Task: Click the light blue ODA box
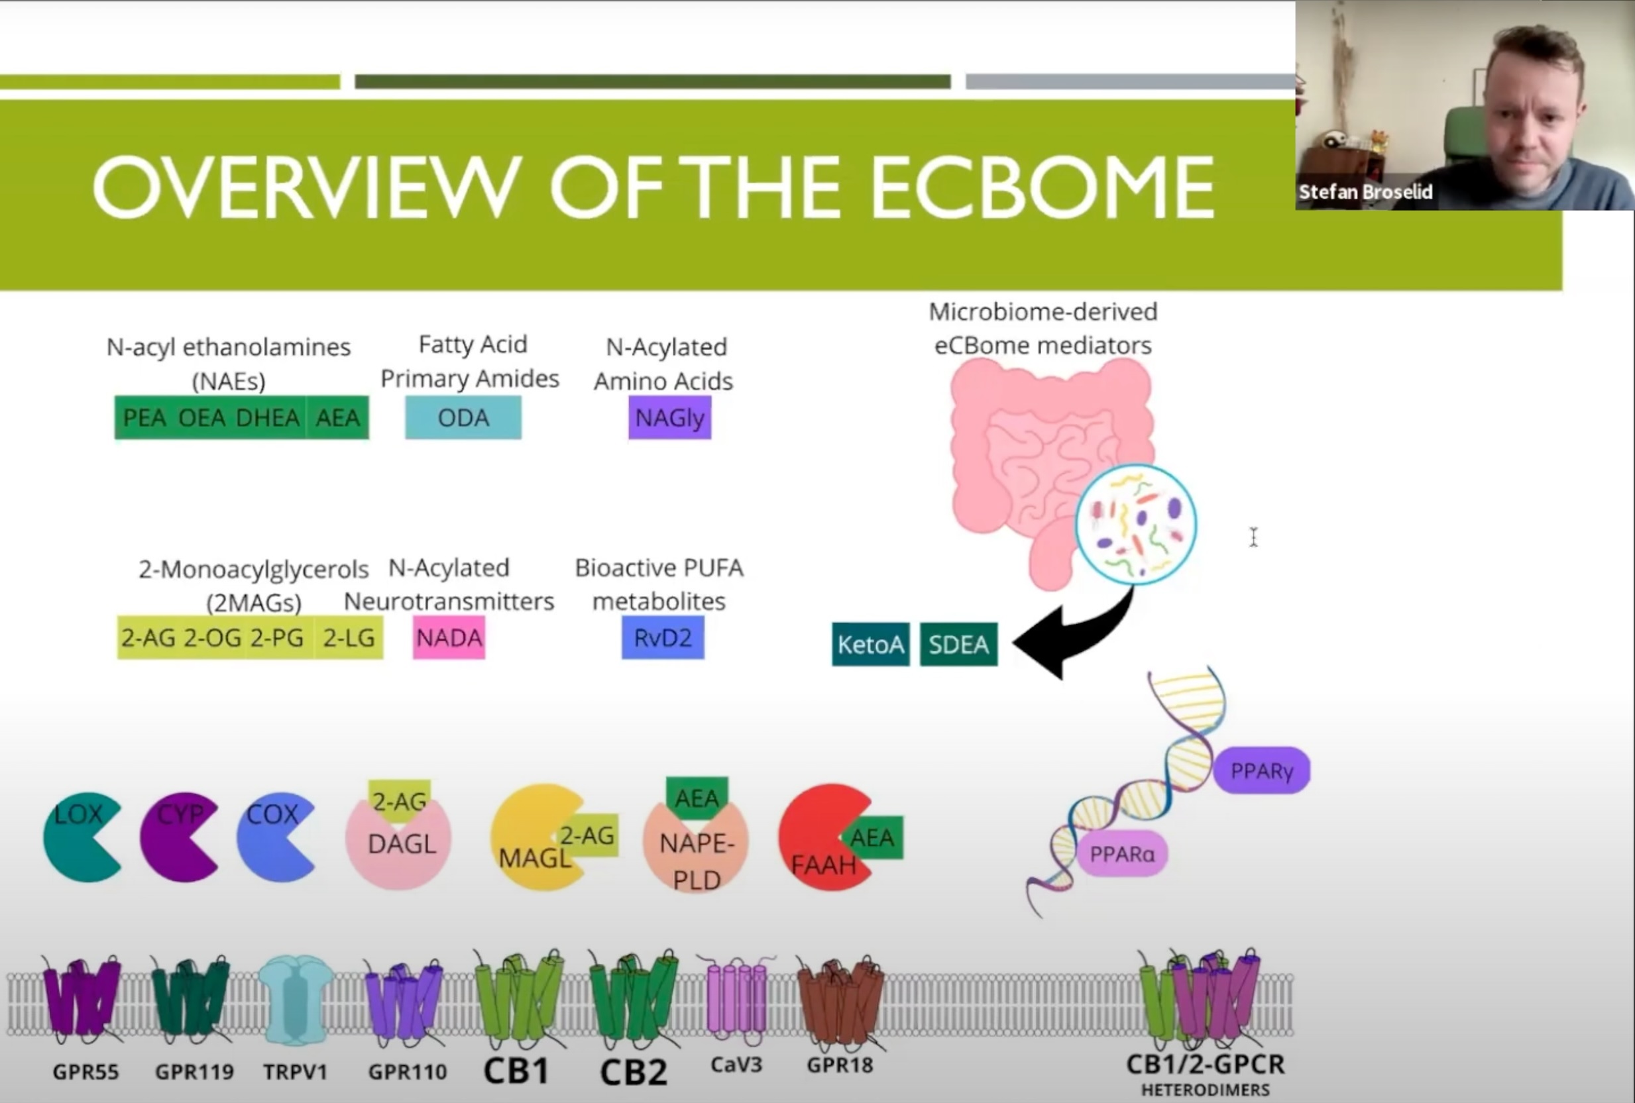463,417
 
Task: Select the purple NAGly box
670,417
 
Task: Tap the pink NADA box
449,637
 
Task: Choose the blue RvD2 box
663,637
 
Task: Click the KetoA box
870,644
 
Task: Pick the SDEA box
958,644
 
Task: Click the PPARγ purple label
1261,771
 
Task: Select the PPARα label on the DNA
1121,854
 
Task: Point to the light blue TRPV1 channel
296,999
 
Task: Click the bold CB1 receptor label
516,1071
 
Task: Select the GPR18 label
839,1065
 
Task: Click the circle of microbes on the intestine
1135,524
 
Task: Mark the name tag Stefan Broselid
1365,191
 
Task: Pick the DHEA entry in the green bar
267,418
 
